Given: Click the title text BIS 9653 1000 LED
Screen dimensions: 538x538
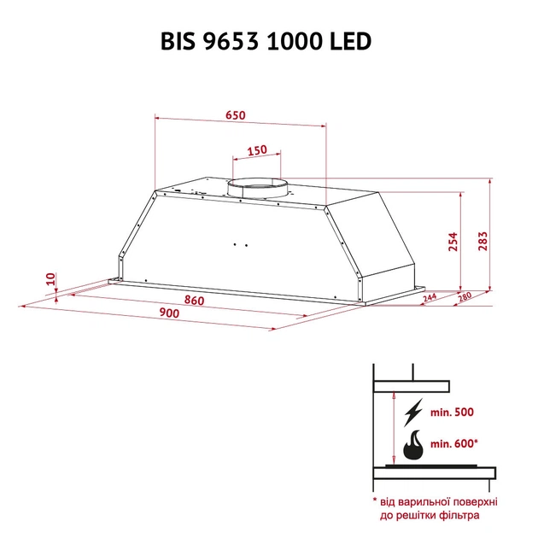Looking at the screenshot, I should click(x=266, y=42).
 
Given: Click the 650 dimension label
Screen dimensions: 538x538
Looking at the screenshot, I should click(x=237, y=116).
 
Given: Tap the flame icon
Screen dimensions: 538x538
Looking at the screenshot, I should click(x=413, y=443).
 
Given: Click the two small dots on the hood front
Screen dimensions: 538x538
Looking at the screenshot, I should click(x=241, y=245).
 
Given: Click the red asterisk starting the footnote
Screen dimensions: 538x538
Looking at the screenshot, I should click(x=375, y=500).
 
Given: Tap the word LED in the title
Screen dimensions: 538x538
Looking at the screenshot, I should click(x=351, y=42).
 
